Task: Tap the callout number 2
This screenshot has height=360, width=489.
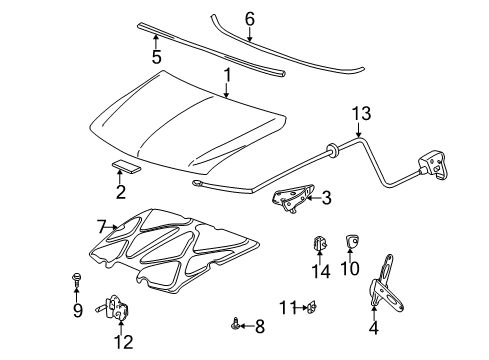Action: [120, 192]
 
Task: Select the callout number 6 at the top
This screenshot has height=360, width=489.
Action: [250, 17]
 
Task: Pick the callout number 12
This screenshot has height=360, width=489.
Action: [122, 343]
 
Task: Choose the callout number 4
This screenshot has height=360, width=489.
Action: [374, 326]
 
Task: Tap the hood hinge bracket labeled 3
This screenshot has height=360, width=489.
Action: [297, 199]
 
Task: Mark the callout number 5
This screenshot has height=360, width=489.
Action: [156, 56]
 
